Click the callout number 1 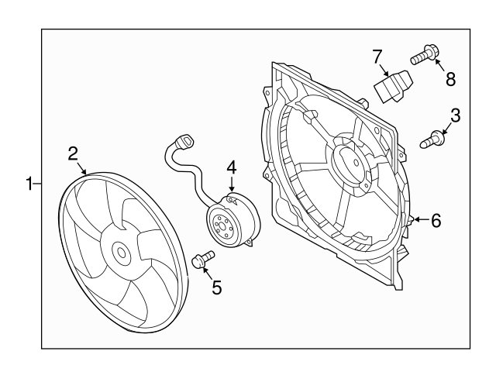point(29,184)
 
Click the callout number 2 point(73,153)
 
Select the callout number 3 point(455,115)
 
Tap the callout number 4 point(230,167)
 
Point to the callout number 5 point(216,288)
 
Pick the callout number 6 point(436,221)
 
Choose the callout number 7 point(377,56)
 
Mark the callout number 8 point(449,78)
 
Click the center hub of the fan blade point(120,253)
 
